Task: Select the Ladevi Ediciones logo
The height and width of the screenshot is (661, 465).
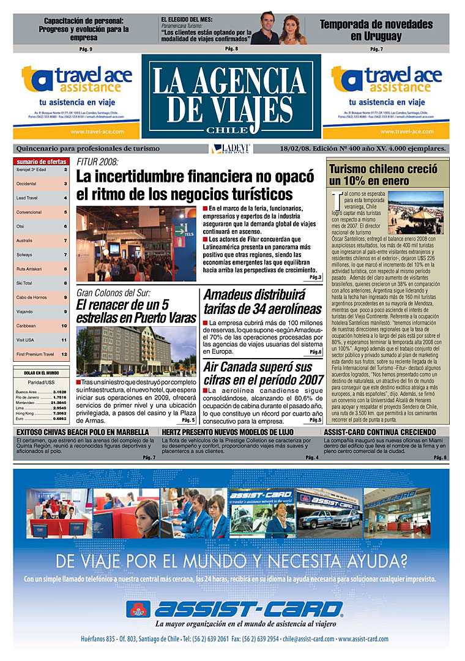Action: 231,149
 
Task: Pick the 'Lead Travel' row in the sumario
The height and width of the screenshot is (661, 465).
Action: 42,198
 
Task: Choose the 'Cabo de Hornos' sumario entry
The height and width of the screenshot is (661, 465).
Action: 42,297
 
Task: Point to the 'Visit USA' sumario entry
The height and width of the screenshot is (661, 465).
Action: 42,340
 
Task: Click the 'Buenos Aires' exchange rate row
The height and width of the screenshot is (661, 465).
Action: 41,392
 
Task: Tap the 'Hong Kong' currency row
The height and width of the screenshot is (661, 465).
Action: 41,414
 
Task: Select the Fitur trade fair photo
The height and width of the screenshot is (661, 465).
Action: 136,244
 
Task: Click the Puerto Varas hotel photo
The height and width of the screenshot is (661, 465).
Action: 136,351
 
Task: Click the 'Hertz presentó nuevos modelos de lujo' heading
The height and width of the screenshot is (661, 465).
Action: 228,431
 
